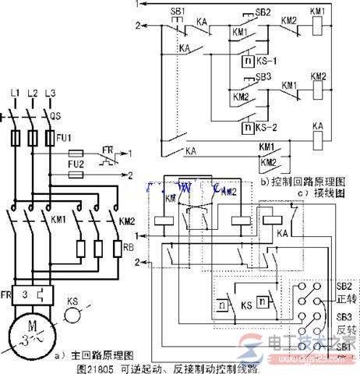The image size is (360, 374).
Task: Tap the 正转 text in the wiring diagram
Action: tap(344, 298)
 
